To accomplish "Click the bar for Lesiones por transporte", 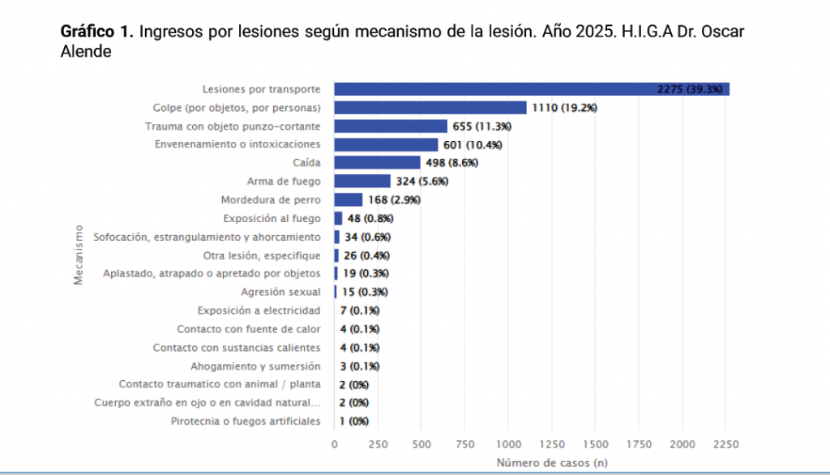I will click(532, 89).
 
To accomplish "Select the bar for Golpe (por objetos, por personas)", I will click(430, 108).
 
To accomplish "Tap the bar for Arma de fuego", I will click(362, 182).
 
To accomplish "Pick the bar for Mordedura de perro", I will click(349, 200).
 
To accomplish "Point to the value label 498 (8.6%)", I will click(451, 163).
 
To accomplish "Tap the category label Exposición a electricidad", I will click(259, 310).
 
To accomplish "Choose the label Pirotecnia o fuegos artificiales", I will click(246, 422).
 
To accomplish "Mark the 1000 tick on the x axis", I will click(508, 444).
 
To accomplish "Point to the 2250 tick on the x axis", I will click(726, 444).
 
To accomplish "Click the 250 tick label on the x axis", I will click(378, 444).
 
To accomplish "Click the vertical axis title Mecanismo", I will click(79, 255).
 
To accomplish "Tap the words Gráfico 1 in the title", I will click(96, 33).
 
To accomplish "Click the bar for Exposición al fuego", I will click(338, 219).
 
